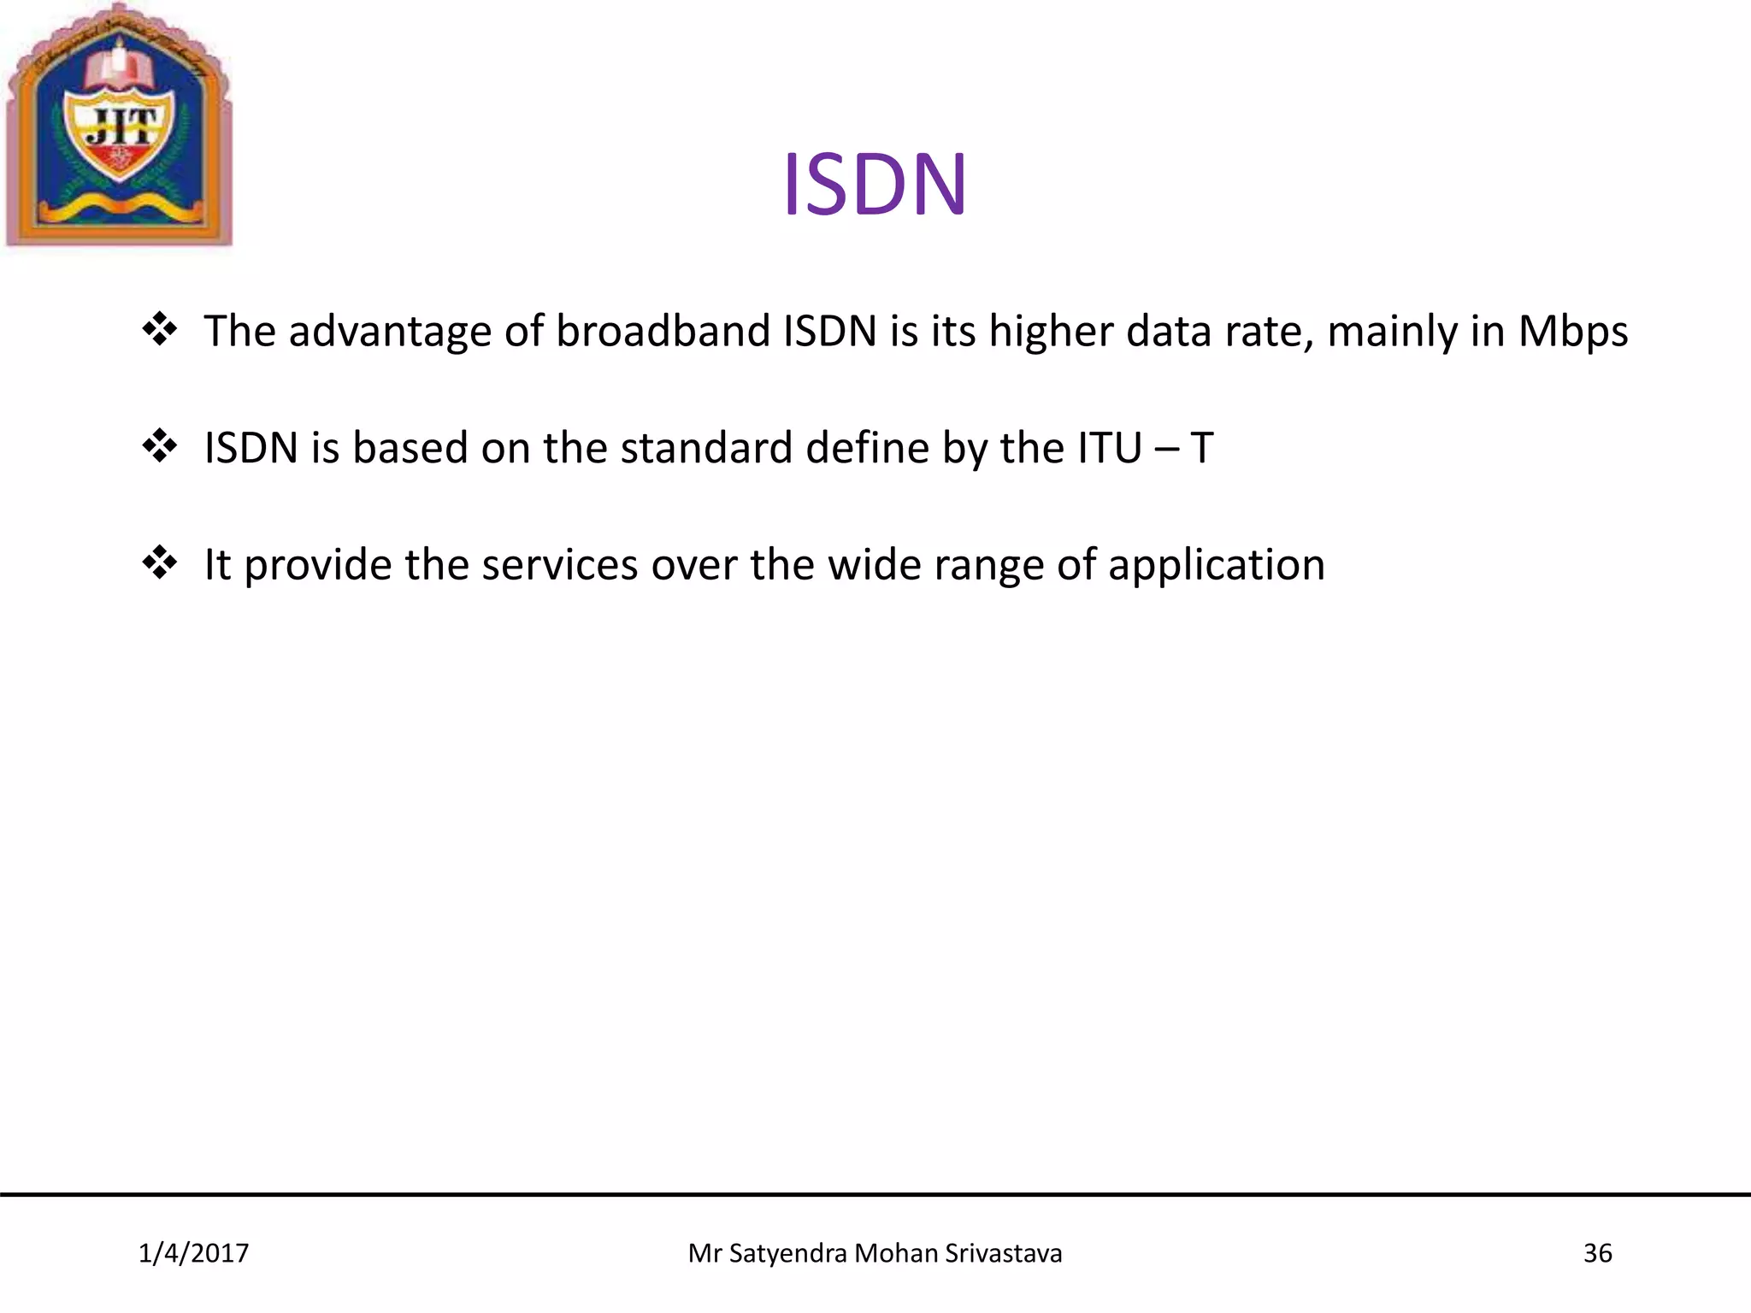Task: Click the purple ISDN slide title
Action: click(x=875, y=184)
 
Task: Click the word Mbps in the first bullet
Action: click(x=1572, y=332)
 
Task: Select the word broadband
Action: click(x=663, y=331)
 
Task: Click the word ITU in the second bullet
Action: click(x=1109, y=448)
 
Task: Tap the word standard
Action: click(x=706, y=448)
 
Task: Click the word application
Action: click(x=1216, y=566)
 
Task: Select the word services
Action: click(x=560, y=565)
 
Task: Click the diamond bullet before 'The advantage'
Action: click(x=160, y=330)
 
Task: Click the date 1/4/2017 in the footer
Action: click(x=193, y=1253)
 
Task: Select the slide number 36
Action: click(x=1597, y=1253)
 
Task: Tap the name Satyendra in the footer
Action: click(x=787, y=1253)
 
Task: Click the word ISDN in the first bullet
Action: click(x=830, y=331)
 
